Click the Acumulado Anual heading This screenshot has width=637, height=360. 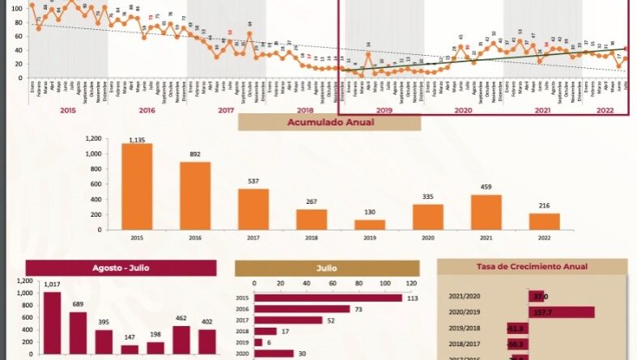329,122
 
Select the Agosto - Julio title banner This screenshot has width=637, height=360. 121,269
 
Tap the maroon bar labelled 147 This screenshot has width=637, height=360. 130,349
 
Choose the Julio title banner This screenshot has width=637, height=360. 327,269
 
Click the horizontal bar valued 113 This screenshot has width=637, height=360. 328,298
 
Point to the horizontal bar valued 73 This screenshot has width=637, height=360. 302,309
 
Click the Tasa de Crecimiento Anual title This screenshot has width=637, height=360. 532,266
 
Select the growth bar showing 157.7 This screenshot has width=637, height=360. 561,312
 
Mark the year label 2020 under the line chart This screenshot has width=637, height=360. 463,110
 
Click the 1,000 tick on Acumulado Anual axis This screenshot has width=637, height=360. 93,154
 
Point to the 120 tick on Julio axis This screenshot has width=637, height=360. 411,284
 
